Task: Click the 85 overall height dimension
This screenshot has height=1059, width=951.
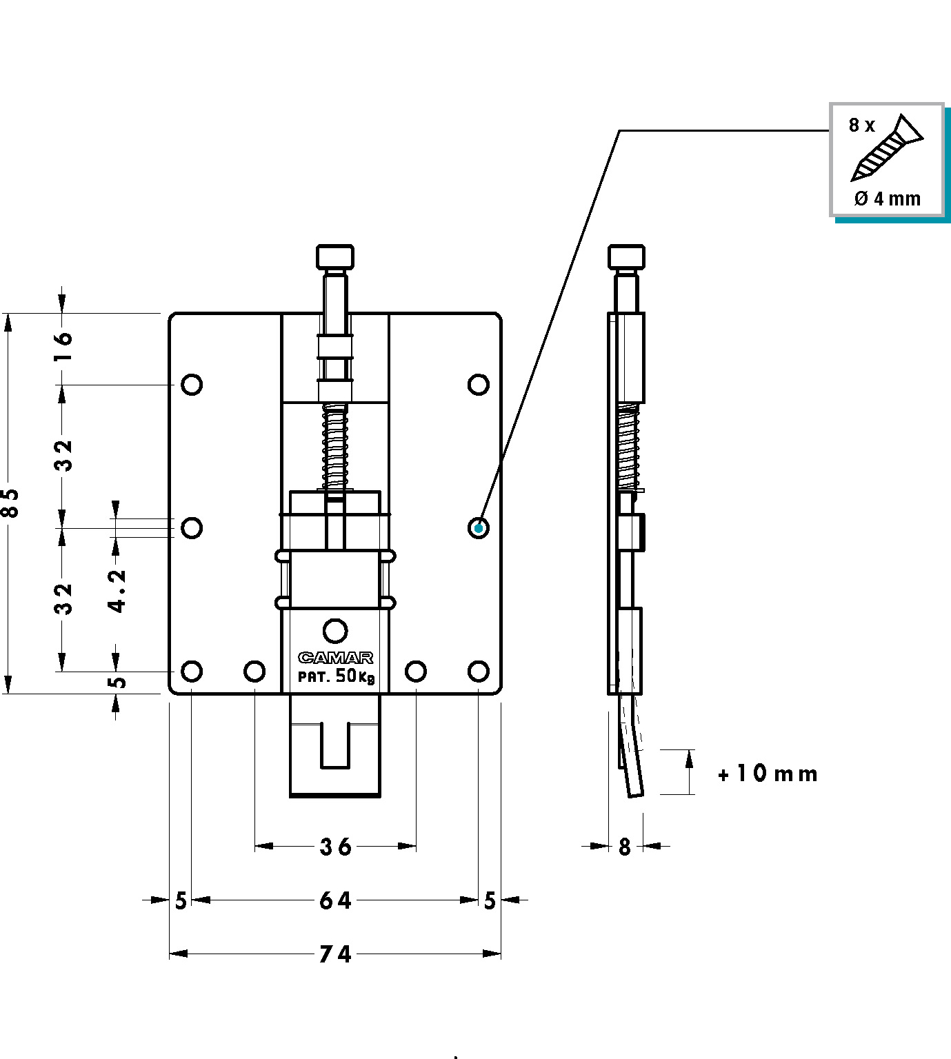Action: (10, 503)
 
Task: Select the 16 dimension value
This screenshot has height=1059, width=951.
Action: (63, 346)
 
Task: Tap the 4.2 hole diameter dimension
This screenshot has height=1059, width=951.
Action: (117, 591)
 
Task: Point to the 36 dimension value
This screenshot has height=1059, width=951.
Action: (336, 847)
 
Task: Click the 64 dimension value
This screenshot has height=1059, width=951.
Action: (336, 900)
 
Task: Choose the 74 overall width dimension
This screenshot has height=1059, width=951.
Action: (336, 954)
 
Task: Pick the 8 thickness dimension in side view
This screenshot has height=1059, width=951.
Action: (625, 847)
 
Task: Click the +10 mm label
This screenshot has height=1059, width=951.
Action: (768, 774)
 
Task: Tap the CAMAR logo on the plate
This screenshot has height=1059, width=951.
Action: (336, 658)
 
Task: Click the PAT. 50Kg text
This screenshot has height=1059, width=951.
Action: (336, 676)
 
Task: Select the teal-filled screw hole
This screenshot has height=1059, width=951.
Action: (479, 528)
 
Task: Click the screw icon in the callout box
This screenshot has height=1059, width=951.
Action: (888, 148)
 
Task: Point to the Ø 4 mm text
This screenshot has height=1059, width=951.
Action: (888, 199)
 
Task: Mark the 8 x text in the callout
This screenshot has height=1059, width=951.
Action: (861, 125)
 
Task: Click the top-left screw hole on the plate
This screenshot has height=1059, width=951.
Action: (192, 385)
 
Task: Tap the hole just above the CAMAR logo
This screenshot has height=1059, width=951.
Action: (335, 631)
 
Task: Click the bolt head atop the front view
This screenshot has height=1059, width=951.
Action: (335, 257)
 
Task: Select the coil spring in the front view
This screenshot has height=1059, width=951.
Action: (335, 447)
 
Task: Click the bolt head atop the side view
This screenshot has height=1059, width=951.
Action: (626, 257)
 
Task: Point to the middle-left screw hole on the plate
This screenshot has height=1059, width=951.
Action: (192, 528)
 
